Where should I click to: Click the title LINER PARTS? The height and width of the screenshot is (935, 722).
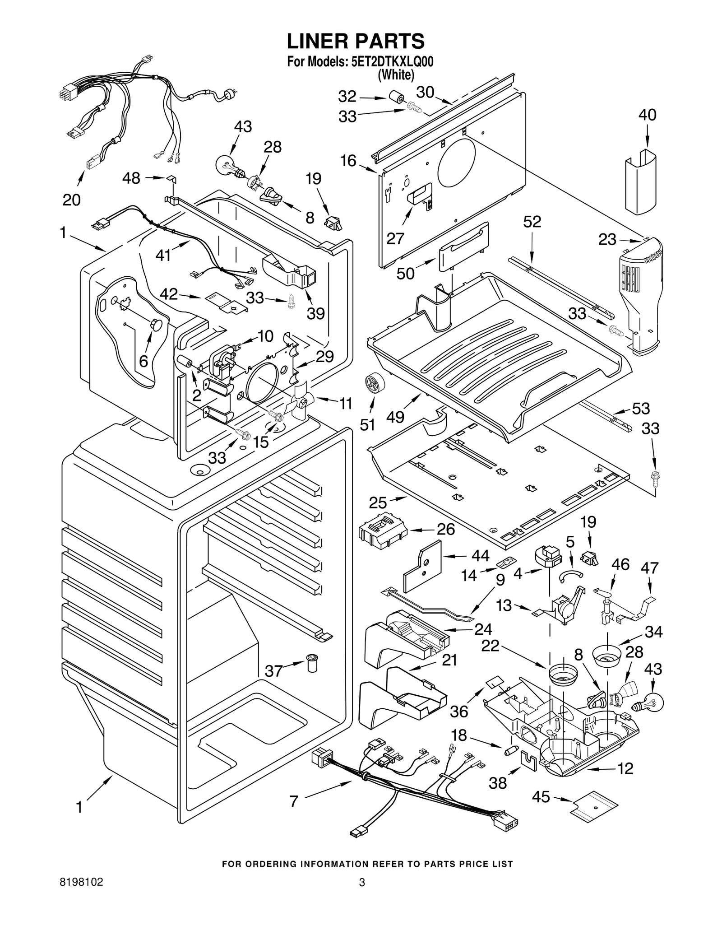(356, 41)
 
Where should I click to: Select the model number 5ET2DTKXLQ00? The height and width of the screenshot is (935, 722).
(392, 62)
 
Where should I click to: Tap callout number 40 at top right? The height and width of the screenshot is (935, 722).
(647, 115)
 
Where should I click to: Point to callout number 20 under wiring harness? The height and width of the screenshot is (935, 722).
(71, 200)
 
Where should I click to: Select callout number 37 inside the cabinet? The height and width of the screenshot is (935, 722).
(273, 671)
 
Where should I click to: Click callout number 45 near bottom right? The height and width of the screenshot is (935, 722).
(541, 797)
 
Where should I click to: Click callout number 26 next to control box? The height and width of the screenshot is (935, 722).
(446, 529)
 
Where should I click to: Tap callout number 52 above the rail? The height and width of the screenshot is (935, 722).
(532, 222)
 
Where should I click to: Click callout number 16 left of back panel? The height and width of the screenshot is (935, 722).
(348, 161)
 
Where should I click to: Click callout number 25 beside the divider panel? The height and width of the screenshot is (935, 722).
(378, 502)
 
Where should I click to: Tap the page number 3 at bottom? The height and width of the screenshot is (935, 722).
(361, 895)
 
